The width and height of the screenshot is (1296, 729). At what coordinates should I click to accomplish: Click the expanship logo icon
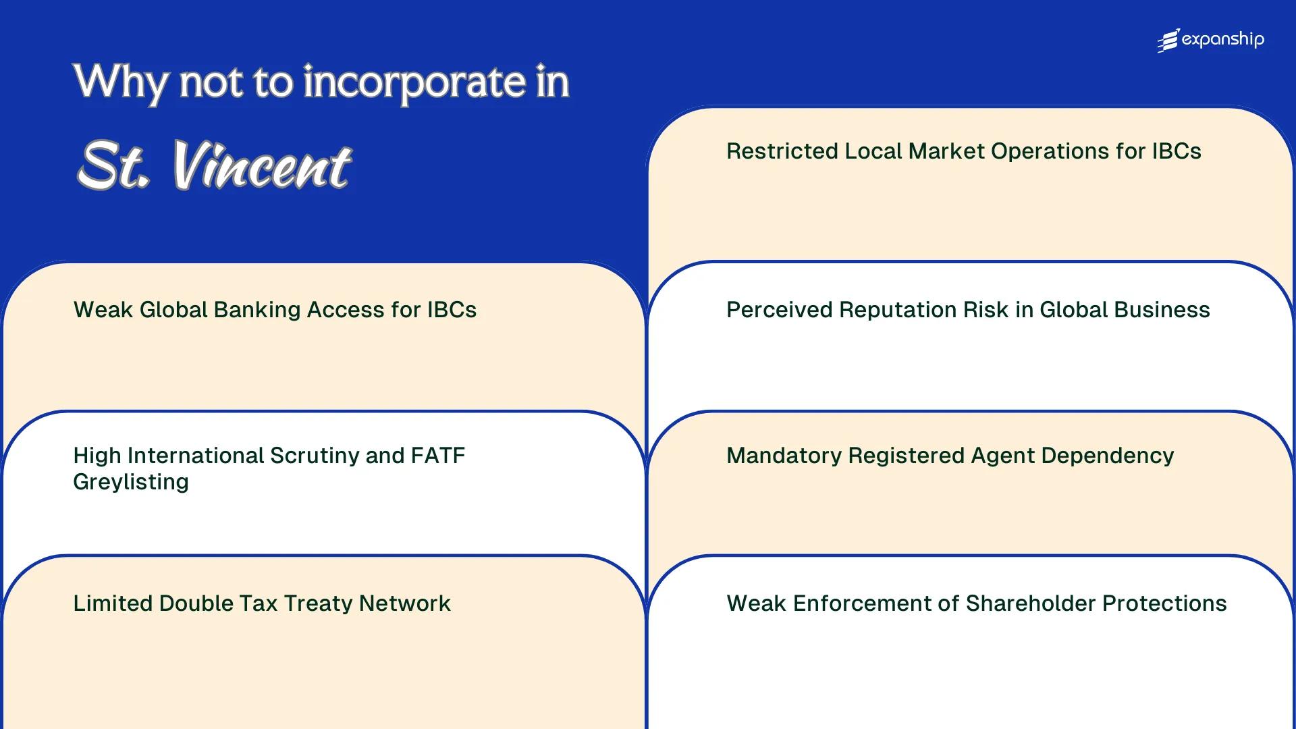(x=1168, y=40)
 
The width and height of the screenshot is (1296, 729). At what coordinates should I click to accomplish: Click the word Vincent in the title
(x=262, y=166)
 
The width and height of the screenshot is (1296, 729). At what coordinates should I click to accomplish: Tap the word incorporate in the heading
(x=414, y=82)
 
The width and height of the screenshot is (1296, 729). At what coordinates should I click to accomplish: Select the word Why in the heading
(x=120, y=82)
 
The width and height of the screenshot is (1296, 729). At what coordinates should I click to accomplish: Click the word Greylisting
(x=131, y=482)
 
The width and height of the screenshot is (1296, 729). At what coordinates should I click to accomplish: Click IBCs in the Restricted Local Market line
(x=1177, y=151)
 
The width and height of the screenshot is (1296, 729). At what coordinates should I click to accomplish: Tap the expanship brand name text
(x=1222, y=40)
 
